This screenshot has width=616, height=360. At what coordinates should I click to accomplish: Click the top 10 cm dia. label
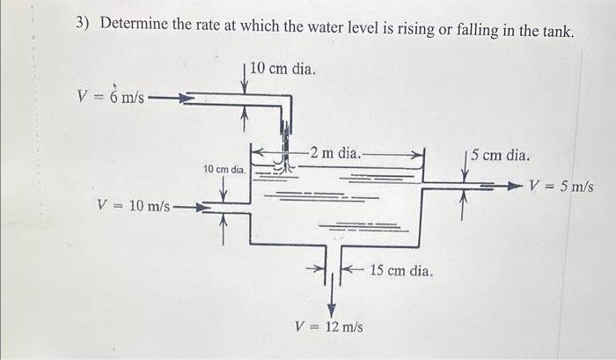pos(282,68)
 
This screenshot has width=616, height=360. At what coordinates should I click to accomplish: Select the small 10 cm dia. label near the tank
pos(223,167)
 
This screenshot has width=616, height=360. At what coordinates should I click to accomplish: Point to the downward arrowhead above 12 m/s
pos(332,309)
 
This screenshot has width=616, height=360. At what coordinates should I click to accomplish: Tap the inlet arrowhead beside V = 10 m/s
pos(201,208)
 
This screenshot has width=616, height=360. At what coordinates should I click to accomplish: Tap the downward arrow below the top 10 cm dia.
pos(246,83)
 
